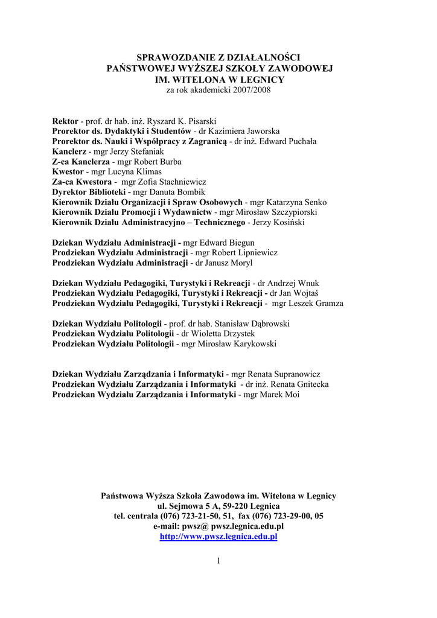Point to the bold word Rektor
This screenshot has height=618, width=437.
click(65, 121)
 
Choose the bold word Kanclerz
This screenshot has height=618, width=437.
click(69, 151)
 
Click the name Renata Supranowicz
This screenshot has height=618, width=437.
click(285, 374)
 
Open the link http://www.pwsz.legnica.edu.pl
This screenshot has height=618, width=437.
click(218, 536)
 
